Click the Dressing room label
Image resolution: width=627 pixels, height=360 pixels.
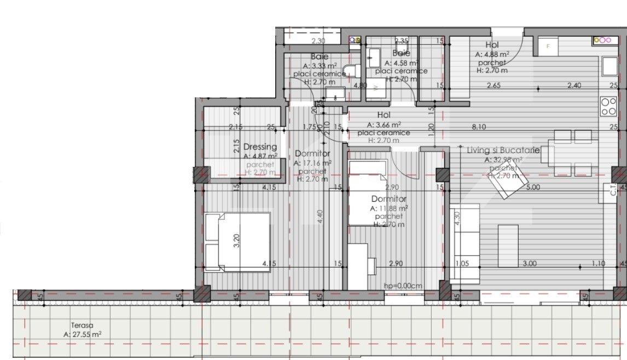coord(260,147)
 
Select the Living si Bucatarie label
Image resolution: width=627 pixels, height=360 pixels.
coord(503,150)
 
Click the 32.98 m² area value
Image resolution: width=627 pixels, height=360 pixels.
coord(503,160)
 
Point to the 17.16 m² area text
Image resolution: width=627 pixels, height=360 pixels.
coord(312,162)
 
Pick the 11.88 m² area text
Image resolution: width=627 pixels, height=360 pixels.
coord(389,208)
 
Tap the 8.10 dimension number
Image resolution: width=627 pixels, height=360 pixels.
coord(479,127)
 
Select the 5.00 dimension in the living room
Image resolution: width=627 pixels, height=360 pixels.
coord(533,187)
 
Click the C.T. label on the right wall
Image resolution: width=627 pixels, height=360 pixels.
coord(614,189)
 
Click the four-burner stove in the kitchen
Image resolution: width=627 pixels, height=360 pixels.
coord(608,107)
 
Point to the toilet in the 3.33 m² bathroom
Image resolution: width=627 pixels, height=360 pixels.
coord(355,71)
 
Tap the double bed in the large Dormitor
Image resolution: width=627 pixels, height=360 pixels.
coord(237,241)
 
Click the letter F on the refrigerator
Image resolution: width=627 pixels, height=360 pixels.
coord(548,47)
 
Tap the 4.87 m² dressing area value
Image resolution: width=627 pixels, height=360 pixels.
coord(260,155)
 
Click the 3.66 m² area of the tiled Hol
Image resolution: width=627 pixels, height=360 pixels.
coord(384,124)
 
